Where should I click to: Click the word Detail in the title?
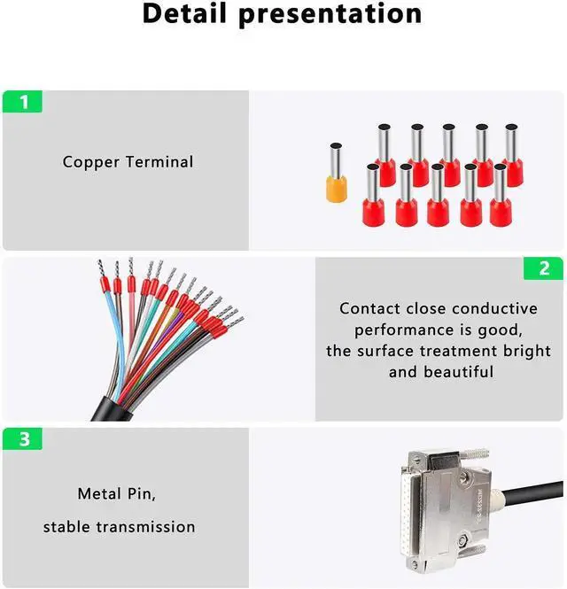pyautogui.click(x=185, y=13)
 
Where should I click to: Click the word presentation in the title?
pyautogui.click(x=330, y=15)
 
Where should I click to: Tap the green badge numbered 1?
pyautogui.click(x=22, y=102)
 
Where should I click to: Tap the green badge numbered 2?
pyautogui.click(x=543, y=268)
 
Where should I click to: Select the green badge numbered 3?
pyautogui.click(x=22, y=438)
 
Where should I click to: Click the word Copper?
pyautogui.click(x=91, y=163)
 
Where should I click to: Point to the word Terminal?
pyautogui.click(x=159, y=162)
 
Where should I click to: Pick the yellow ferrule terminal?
pyautogui.click(x=336, y=173)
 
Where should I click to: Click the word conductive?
pyautogui.click(x=495, y=308)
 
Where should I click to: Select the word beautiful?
pyautogui.click(x=458, y=372)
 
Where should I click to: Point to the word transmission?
pyautogui.click(x=145, y=527)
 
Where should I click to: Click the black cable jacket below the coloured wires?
pyautogui.click(x=112, y=409)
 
